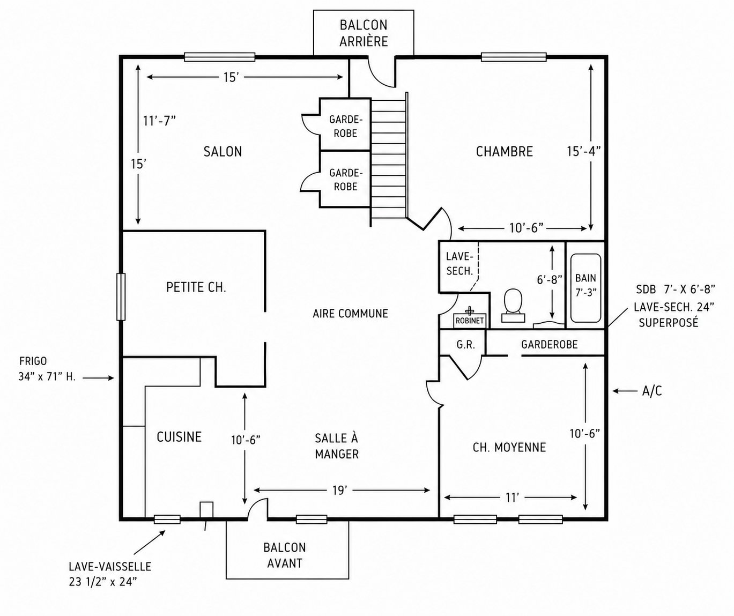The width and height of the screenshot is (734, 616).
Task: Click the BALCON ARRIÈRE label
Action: tap(364, 33)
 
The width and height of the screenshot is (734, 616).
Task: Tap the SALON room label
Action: tap(223, 152)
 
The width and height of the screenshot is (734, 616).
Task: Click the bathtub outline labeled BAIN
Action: tap(585, 288)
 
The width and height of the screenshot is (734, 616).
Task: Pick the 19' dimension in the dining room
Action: tap(340, 491)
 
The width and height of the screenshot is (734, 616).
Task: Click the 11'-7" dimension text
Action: tap(159, 121)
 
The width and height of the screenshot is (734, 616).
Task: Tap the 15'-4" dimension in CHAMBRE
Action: tap(584, 151)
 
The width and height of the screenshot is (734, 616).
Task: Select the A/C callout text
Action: tap(652, 391)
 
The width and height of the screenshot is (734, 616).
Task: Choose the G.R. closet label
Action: tap(465, 345)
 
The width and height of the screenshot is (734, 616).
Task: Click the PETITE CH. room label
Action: tap(196, 287)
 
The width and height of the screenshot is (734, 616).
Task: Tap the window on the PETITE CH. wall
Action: tap(121, 297)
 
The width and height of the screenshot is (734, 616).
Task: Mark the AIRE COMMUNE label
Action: tap(351, 313)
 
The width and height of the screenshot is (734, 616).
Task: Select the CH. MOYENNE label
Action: tap(509, 447)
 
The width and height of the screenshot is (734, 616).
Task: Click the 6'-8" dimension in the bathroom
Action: tap(550, 279)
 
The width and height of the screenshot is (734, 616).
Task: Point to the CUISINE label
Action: tap(179, 437)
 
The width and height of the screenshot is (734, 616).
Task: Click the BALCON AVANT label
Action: tap(285, 555)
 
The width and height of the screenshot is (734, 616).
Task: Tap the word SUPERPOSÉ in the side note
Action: tap(669, 322)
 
